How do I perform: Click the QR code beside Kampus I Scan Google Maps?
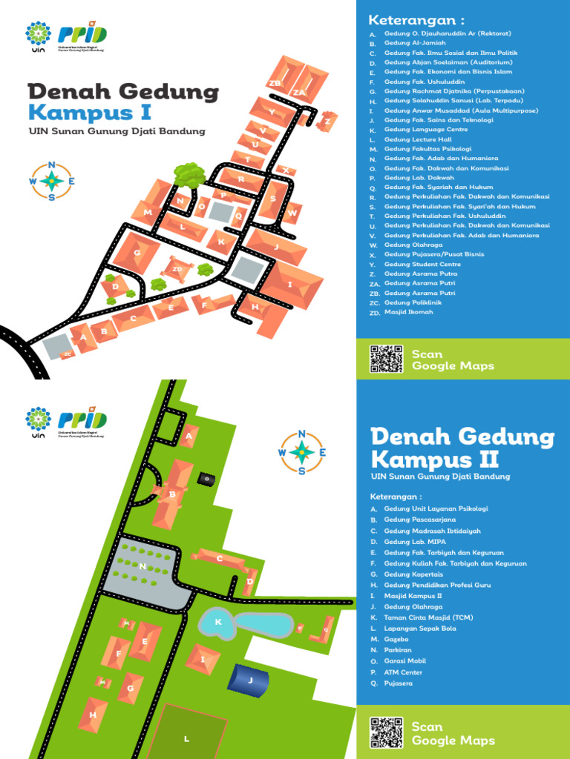386,359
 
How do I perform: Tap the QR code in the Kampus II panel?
386,732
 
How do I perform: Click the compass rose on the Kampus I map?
51,180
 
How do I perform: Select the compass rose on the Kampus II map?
302,451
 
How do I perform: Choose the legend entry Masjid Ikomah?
408,312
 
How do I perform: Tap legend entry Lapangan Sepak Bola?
420,629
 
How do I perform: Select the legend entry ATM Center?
403,672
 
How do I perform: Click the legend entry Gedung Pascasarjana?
416,520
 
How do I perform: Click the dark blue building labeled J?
250,679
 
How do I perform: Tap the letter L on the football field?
187,738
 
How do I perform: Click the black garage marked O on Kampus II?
208,479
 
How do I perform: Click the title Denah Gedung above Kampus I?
123,93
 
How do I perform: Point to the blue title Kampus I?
90,113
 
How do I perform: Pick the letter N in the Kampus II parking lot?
142,566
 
